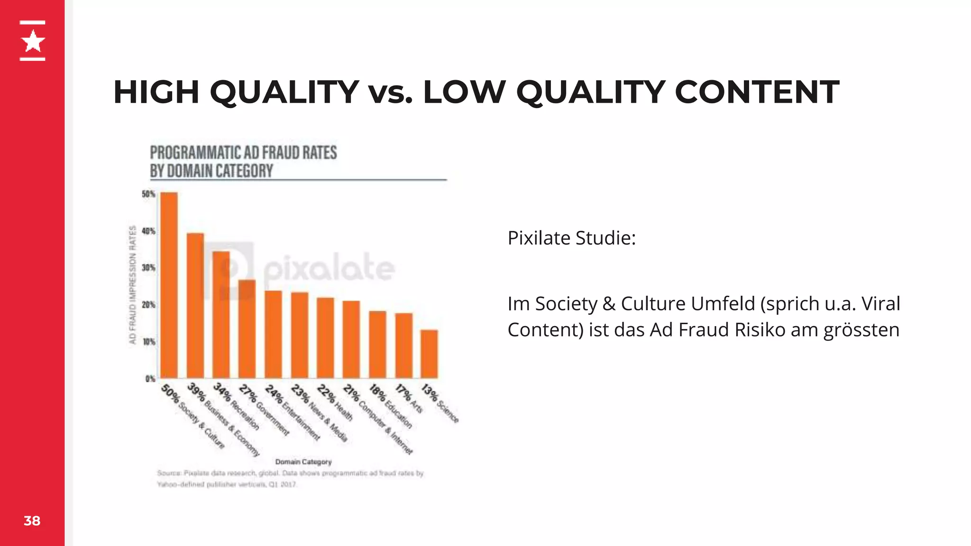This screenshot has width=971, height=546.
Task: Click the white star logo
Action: click(x=33, y=41)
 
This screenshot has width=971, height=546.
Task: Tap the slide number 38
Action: click(x=32, y=521)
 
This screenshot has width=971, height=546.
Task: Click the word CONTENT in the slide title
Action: click(x=757, y=92)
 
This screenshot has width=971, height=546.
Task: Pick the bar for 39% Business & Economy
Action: click(x=195, y=306)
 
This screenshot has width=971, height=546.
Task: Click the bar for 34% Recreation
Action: click(x=221, y=315)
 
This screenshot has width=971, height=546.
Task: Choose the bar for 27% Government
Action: click(x=247, y=329)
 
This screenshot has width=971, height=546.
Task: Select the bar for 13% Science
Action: click(x=429, y=354)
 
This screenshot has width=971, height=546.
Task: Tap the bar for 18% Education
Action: click(x=377, y=345)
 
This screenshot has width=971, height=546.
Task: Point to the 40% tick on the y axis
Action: click(x=148, y=231)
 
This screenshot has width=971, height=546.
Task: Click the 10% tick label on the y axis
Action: click(x=149, y=342)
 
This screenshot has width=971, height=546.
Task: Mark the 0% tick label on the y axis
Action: click(x=150, y=379)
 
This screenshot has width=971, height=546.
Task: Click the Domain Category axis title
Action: click(x=303, y=462)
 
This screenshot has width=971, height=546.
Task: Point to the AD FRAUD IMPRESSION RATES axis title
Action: click(x=133, y=284)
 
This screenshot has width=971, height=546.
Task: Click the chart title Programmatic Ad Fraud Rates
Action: click(x=243, y=162)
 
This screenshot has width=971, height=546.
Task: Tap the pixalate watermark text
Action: click(x=329, y=268)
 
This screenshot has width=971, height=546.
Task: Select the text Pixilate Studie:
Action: click(x=571, y=238)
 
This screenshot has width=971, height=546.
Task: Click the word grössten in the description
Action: click(x=861, y=330)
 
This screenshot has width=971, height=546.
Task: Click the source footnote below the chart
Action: click(x=290, y=479)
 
